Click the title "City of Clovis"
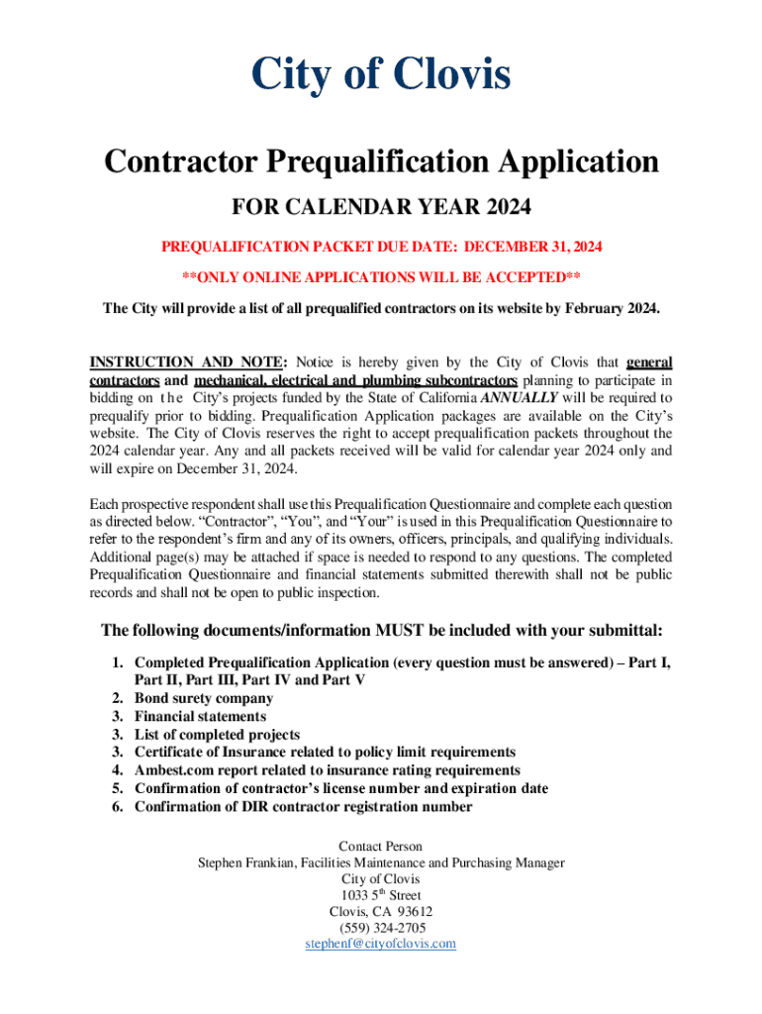[x=381, y=76]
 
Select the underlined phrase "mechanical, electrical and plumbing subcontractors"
[x=355, y=379]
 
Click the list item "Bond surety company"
[x=204, y=698]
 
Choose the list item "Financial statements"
[x=200, y=716]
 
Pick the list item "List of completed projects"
[x=217, y=734]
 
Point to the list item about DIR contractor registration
[x=303, y=806]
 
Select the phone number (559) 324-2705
[x=381, y=928]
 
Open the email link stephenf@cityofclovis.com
[x=381, y=944]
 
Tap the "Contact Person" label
[x=381, y=846]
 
